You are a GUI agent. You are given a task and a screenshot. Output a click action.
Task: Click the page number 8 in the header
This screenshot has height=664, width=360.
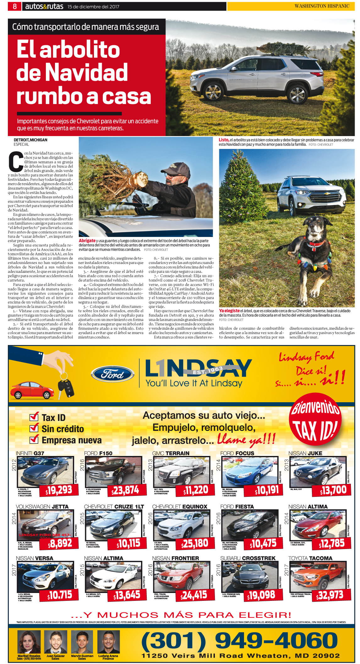click(14, 6)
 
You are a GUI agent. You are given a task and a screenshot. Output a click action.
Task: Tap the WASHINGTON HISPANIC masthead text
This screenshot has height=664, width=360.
click(322, 6)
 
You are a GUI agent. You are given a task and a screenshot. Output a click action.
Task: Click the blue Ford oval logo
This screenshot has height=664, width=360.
click(112, 374)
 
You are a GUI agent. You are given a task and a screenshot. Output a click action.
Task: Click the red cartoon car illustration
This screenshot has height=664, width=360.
click(31, 390)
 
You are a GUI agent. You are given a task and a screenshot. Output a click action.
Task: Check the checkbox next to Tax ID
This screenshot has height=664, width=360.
click(34, 417)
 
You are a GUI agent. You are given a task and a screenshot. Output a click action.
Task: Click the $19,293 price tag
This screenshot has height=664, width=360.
click(59, 490)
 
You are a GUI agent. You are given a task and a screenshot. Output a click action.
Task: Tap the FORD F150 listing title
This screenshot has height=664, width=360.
click(98, 453)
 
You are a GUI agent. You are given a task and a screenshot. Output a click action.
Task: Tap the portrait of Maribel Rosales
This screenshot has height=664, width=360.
click(29, 642)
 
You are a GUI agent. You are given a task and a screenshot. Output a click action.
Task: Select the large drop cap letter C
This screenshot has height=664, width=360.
click(16, 162)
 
